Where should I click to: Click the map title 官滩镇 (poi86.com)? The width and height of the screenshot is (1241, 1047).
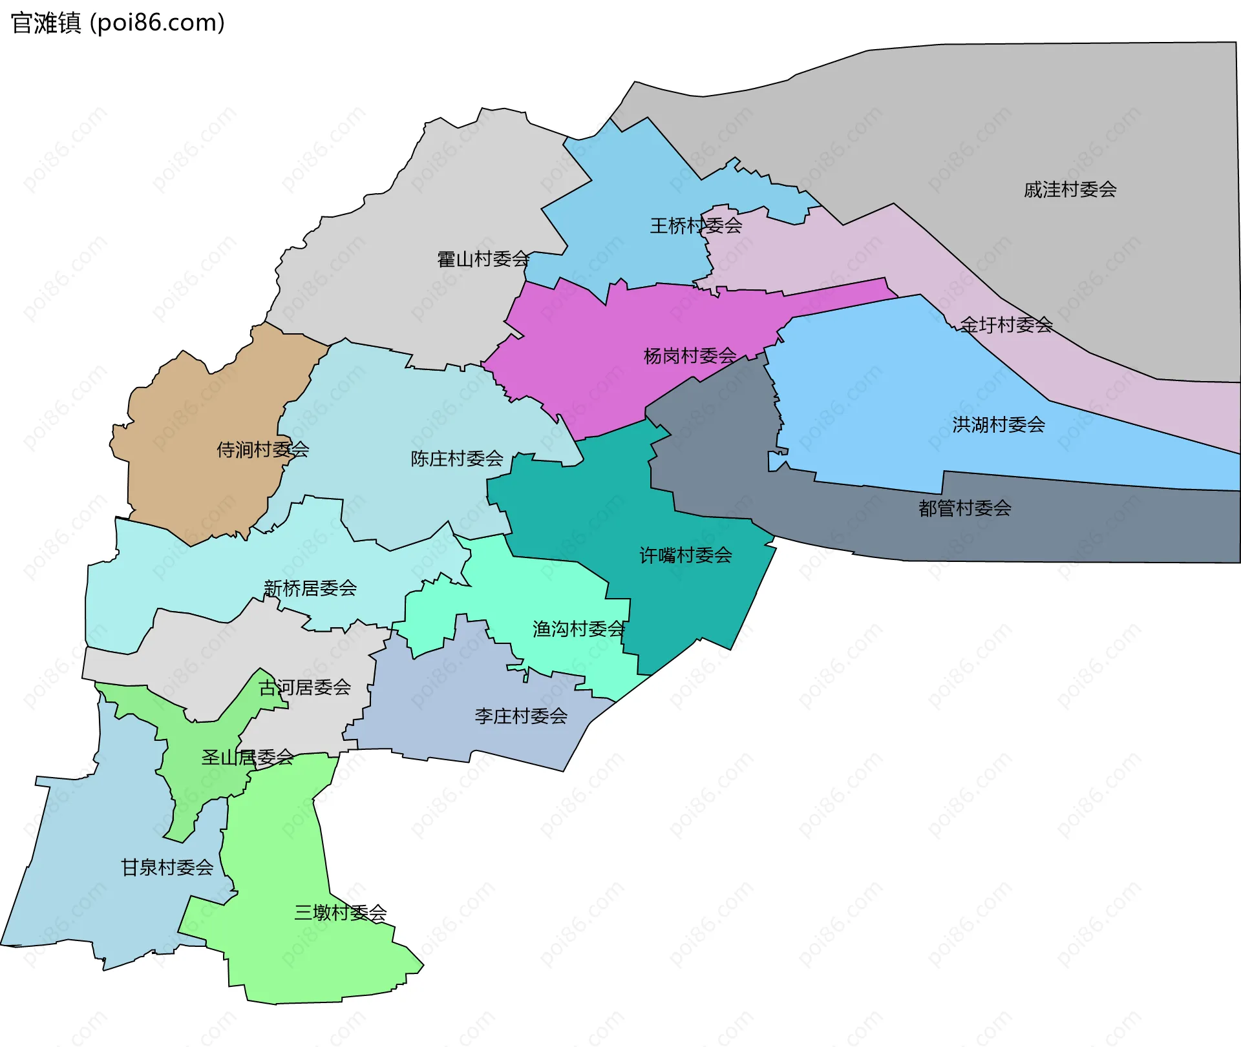coord(118,23)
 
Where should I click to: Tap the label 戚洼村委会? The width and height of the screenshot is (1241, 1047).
coord(1070,190)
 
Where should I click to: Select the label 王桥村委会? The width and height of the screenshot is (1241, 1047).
coord(695,226)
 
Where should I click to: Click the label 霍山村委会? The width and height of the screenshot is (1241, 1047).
coord(483,260)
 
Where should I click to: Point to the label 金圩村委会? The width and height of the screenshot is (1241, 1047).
coord(1006,325)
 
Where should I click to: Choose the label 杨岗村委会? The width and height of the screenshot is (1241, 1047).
coord(690,356)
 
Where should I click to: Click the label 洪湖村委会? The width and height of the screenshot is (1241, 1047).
coord(998,425)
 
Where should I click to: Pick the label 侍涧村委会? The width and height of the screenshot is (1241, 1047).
coord(262,450)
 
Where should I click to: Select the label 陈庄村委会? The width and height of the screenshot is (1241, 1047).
coord(456,459)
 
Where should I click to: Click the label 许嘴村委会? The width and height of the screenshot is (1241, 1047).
coord(685,555)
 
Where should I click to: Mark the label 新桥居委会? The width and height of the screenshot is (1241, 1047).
coord(310,588)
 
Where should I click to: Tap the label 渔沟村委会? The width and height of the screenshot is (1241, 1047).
coord(578,629)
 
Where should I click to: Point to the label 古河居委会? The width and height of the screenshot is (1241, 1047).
coord(304,688)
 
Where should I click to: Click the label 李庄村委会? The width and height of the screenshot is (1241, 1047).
coord(520,716)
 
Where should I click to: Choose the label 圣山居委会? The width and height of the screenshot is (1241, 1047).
coord(247,758)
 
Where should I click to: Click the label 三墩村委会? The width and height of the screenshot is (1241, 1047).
coord(340,913)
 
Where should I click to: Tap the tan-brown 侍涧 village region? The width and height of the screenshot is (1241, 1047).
coord(194,400)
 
